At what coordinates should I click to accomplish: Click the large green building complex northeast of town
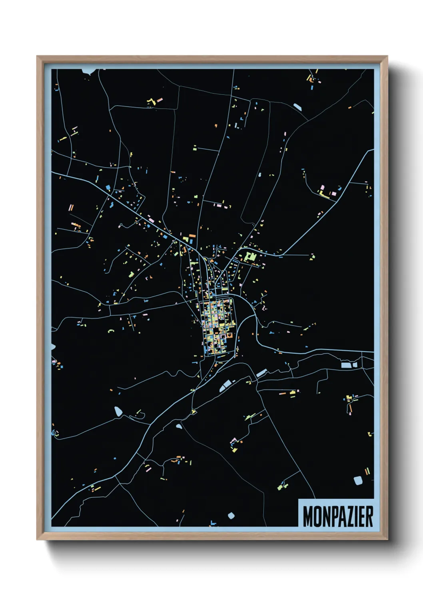251,256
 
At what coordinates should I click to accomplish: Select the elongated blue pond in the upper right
298,107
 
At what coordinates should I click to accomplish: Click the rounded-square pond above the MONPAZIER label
358,480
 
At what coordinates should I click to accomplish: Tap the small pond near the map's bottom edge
231,516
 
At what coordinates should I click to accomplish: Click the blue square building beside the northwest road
108,187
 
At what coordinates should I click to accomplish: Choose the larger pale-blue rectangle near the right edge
345,365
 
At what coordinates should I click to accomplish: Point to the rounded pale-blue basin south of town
225,386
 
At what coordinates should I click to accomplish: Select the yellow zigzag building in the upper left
151,102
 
